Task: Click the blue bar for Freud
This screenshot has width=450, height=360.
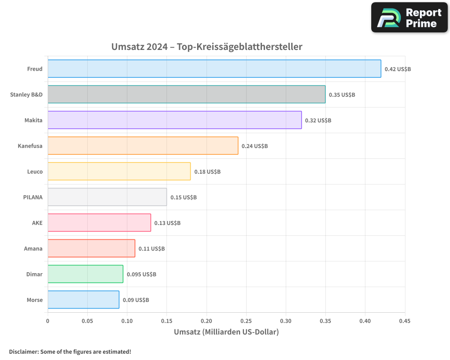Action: coord(214,69)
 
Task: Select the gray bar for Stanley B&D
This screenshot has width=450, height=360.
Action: coord(186,94)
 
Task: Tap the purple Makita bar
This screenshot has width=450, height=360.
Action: coord(175,120)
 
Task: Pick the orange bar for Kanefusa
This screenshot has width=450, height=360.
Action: coord(143,146)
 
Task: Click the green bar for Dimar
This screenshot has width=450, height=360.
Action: coord(85,274)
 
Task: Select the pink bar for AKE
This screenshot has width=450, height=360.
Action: coord(99,223)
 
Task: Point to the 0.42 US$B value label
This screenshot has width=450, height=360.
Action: coord(398,69)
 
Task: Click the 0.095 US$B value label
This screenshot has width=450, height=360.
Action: coord(141,274)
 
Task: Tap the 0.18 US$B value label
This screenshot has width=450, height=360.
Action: coord(207,172)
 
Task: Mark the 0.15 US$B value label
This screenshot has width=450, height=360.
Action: coord(184,198)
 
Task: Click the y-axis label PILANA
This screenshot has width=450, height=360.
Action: coord(33,197)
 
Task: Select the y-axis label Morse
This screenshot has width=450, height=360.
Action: coord(34,300)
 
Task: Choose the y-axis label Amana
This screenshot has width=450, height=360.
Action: coord(33,248)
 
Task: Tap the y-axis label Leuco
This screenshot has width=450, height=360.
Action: coord(35,171)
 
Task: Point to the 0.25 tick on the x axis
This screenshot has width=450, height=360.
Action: coord(246,321)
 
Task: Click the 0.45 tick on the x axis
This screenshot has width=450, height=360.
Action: coord(405,321)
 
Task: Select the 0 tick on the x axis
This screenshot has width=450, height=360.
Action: coord(48,321)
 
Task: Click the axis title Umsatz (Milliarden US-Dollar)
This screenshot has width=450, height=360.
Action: coord(226,332)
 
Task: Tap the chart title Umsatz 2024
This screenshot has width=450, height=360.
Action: coord(207,47)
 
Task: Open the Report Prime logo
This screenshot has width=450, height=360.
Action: coord(409,18)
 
